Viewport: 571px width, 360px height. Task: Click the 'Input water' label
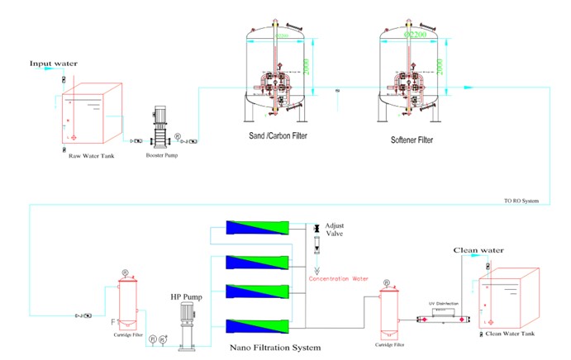click(x=54, y=64)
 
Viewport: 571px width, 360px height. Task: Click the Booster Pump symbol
click(x=161, y=130)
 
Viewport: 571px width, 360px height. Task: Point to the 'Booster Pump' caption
click(x=162, y=155)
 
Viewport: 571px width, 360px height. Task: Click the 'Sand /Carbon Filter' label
click(x=276, y=140)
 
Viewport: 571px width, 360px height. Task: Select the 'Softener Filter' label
click(x=412, y=140)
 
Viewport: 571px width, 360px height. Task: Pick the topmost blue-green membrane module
click(x=257, y=229)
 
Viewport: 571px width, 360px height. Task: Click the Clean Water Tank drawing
click(x=513, y=298)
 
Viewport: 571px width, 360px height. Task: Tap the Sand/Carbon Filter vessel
click(x=277, y=70)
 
